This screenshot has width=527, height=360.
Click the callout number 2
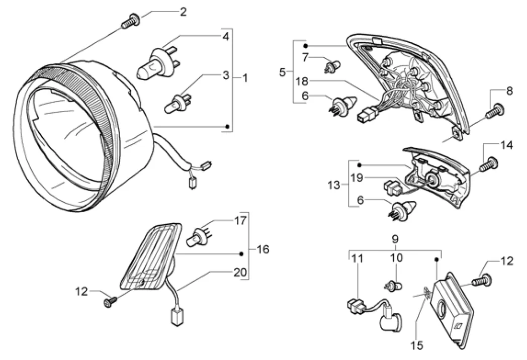click(x=183, y=12)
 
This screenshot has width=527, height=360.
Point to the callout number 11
click(x=357, y=259)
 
